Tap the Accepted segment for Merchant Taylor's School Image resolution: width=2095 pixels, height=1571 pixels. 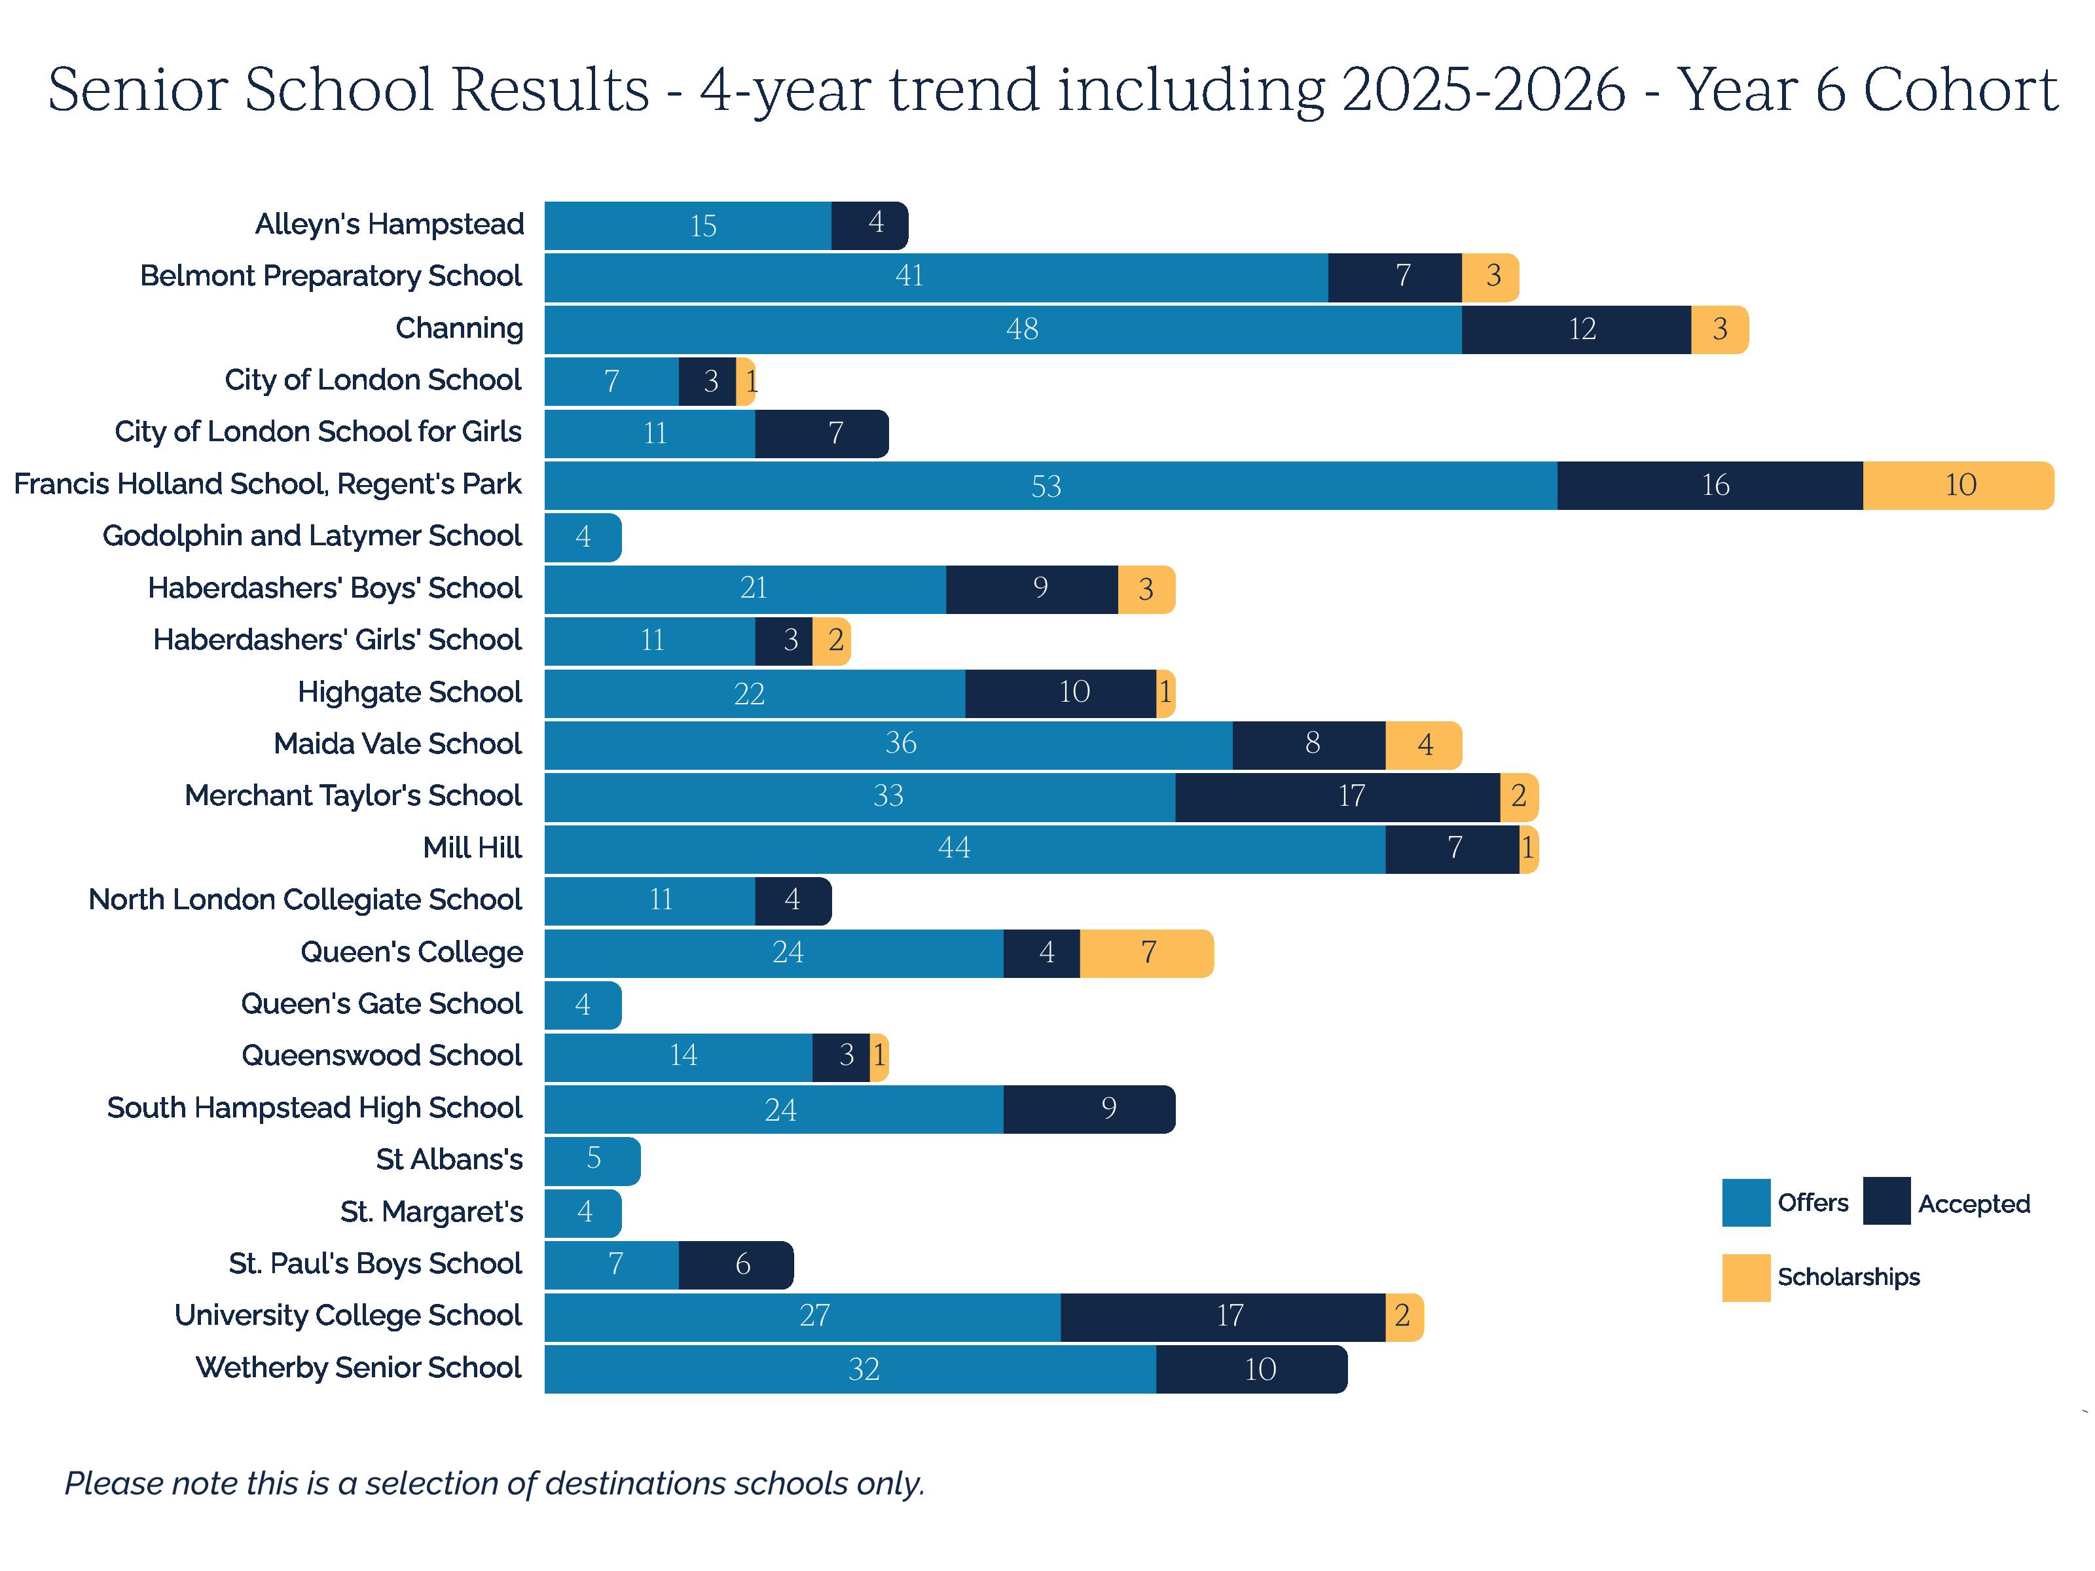pyautogui.click(x=1338, y=797)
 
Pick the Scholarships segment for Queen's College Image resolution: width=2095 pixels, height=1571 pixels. pyautogui.click(x=1146, y=952)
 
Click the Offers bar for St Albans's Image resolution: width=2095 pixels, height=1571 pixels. pyautogui.click(x=592, y=1160)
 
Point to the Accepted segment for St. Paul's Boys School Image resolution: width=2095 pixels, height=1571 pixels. pyautogui.click(x=736, y=1264)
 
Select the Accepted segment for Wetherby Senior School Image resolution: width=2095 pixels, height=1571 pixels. pyautogui.click(x=1251, y=1368)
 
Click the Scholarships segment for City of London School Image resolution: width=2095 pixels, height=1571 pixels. pyautogui.click(x=746, y=382)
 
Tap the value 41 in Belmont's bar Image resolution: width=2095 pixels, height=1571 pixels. pyautogui.click(x=909, y=276)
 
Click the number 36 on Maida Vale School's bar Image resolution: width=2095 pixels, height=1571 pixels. pyautogui.click(x=901, y=744)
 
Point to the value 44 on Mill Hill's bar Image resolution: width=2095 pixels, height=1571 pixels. pyautogui.click(x=954, y=848)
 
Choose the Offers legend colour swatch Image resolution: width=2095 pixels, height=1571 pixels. pyautogui.click(x=1745, y=1202)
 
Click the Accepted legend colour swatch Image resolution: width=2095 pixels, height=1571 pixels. pyautogui.click(x=1885, y=1202)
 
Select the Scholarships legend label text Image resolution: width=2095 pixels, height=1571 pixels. pyautogui.click(x=1848, y=1278)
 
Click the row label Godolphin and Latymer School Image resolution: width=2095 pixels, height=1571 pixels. pyautogui.click(x=312, y=536)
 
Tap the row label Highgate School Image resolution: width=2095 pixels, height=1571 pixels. pyautogui.click(x=409, y=693)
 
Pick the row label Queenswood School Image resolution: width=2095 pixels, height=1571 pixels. pyautogui.click(x=381, y=1056)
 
